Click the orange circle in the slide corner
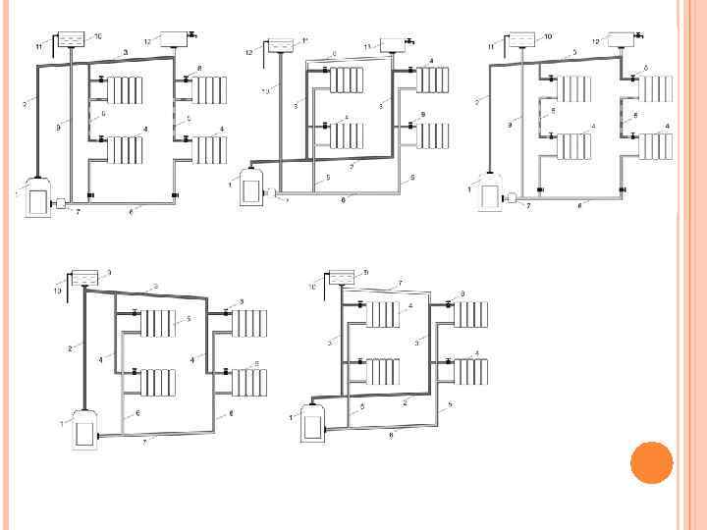(650, 462)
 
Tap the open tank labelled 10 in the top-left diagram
(72, 40)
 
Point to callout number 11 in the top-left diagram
(38, 46)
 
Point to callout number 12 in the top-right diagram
(596, 41)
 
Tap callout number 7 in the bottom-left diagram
(144, 443)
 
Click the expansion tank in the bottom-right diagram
(341, 278)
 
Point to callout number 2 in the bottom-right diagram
(405, 402)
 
